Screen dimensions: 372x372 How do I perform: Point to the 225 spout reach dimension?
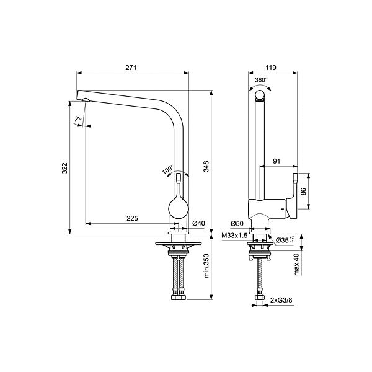click(x=132, y=218)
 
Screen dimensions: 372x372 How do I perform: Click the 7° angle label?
click(x=77, y=119)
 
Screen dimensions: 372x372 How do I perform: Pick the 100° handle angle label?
click(x=167, y=169)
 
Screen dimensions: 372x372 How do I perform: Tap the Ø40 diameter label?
click(x=198, y=223)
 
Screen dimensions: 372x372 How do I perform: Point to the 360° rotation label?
click(x=261, y=80)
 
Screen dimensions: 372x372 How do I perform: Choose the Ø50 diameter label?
click(x=236, y=223)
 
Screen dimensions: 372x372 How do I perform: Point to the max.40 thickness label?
click(x=297, y=264)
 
